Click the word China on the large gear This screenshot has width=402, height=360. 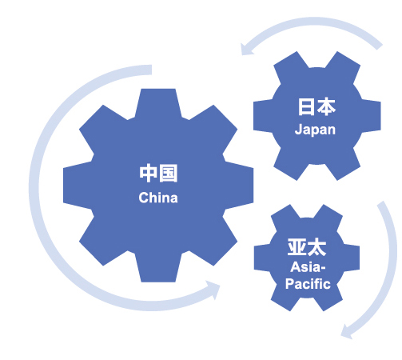[158, 198]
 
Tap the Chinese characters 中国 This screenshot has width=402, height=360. [158, 174]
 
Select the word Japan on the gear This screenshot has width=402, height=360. [315, 130]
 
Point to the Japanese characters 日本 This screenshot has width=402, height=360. [316, 106]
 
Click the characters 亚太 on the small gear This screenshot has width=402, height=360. [307, 247]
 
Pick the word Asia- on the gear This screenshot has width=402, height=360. [308, 267]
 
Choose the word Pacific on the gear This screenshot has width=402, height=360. [308, 284]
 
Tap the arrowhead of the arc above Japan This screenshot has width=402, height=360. [246, 50]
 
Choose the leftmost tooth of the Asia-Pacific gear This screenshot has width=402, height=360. [262, 258]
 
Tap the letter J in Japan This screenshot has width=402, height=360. [298, 129]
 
